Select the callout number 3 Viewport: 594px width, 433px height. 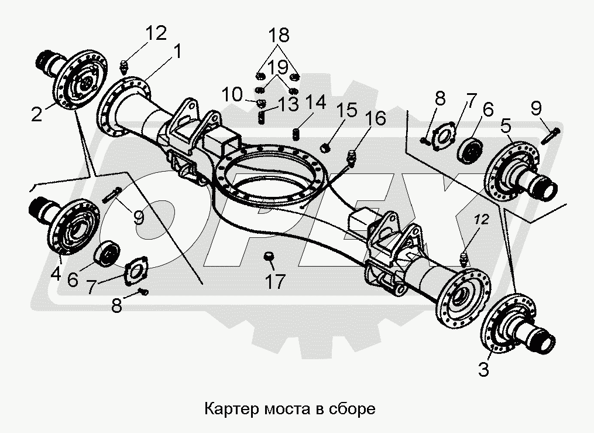pos(483,370)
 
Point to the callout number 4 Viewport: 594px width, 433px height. pos(55,274)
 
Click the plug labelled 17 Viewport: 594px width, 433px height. pos(269,256)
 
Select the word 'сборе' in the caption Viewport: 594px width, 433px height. pos(353,408)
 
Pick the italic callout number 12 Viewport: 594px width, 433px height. pos(481,220)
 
